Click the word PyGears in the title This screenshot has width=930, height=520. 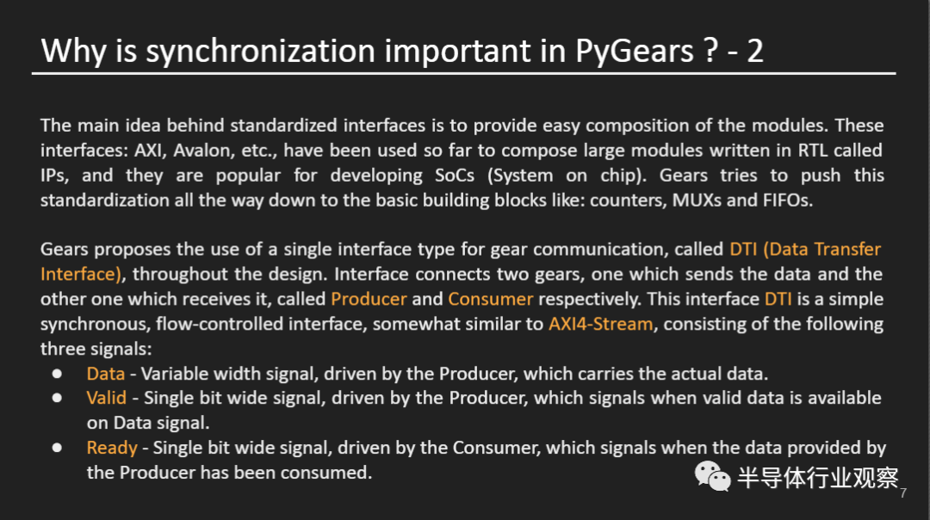coord(633,51)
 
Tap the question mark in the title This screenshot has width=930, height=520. coord(710,51)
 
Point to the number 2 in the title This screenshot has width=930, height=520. coord(754,51)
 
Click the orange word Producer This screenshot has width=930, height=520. coord(369,299)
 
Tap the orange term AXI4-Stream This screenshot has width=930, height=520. coord(600,324)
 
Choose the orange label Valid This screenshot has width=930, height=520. coord(106,398)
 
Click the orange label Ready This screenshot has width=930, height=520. coord(112,448)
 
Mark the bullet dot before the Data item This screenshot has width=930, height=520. coord(57,374)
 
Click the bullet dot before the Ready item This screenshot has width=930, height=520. coord(57,448)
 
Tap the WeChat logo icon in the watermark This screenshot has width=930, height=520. coord(713,476)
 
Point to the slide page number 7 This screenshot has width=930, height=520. coord(903,493)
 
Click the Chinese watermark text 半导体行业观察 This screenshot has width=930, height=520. coord(817,479)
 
